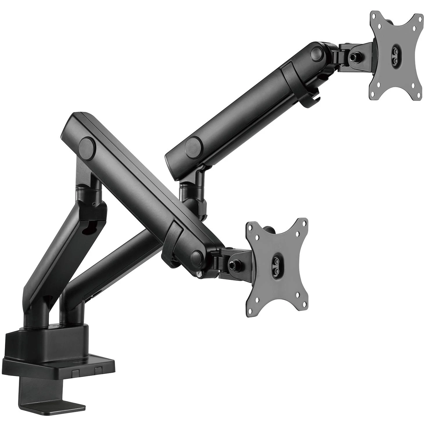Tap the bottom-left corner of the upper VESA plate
[x=375, y=94]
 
